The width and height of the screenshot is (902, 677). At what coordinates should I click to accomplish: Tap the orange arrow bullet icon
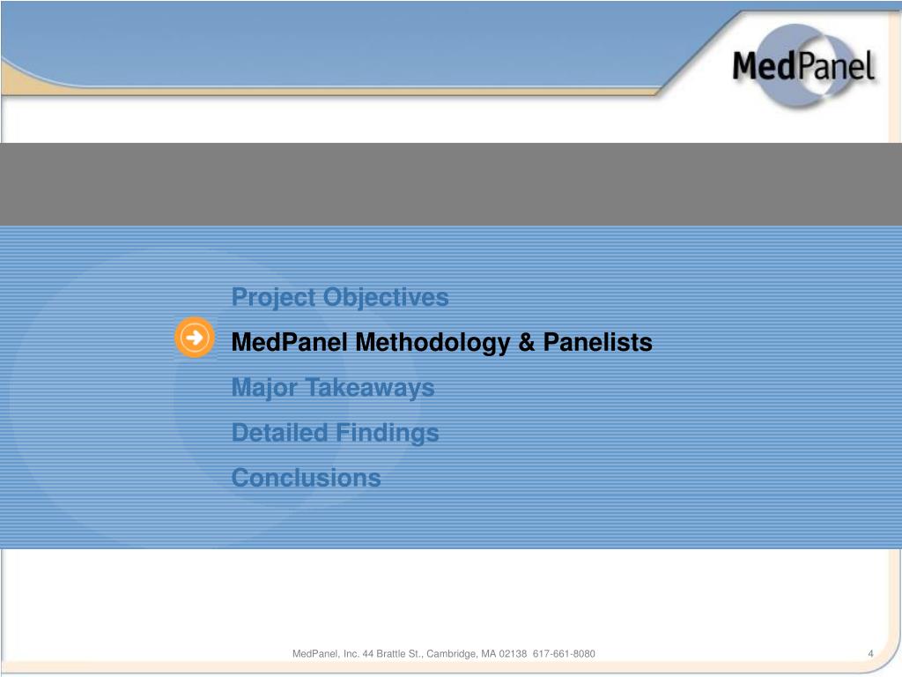pos(194,337)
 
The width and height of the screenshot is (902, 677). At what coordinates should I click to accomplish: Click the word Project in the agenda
pos(274,298)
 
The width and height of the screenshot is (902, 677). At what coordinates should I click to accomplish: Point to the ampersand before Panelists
pos(527,342)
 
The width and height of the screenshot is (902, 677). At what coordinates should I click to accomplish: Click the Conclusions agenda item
pos(306,478)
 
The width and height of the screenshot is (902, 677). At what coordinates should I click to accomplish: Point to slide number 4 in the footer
pos(870,653)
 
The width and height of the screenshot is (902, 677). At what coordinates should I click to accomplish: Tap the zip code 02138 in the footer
pos(513,653)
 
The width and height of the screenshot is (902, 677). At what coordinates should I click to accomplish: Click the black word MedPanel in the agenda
pos(289,342)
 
